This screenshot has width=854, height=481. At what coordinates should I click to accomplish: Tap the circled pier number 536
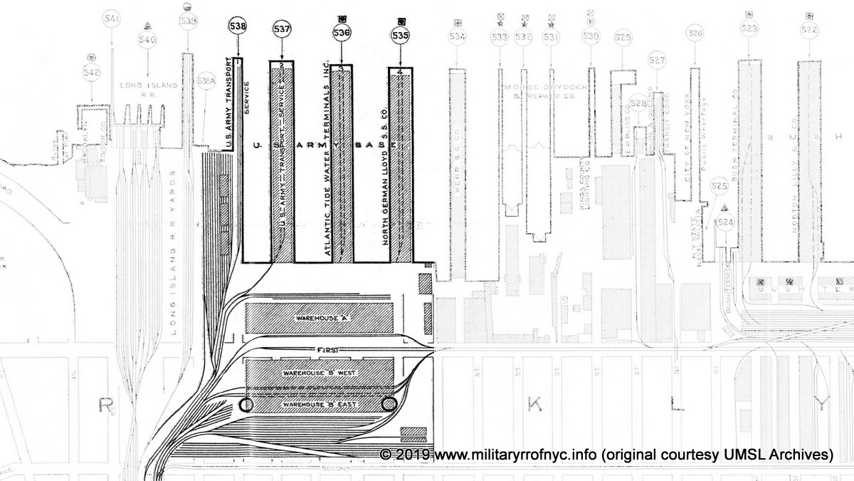(342, 32)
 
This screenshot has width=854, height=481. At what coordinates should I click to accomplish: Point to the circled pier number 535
(401, 34)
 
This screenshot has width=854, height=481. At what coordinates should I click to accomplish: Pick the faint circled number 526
(695, 33)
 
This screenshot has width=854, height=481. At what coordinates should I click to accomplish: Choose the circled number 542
(92, 71)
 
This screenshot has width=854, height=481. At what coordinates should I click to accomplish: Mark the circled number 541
(111, 18)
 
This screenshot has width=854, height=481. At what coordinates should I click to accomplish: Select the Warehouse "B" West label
(319, 373)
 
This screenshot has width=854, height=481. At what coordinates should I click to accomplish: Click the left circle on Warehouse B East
(246, 405)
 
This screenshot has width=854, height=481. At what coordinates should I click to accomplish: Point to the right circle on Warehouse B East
(389, 405)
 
